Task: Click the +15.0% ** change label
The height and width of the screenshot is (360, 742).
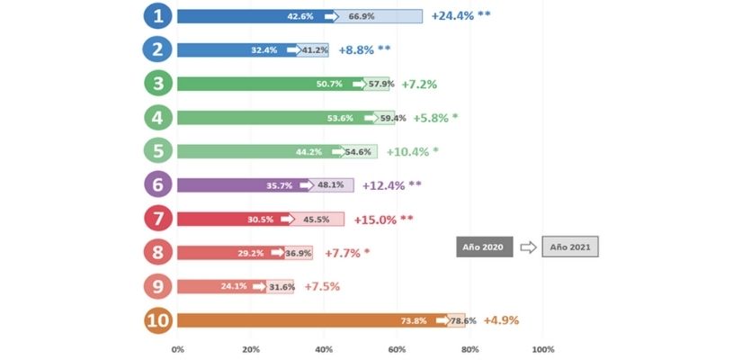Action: click(x=384, y=219)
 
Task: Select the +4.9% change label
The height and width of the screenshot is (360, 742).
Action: click(x=501, y=320)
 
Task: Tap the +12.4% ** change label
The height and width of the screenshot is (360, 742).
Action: click(x=390, y=185)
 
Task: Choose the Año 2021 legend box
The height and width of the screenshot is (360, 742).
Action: click(x=570, y=247)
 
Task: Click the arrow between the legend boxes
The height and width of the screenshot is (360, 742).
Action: click(x=528, y=247)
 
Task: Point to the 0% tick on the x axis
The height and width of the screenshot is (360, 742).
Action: click(x=177, y=349)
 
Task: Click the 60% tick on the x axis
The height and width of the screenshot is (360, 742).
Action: click(x=397, y=349)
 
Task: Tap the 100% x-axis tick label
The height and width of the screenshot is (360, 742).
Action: click(x=542, y=349)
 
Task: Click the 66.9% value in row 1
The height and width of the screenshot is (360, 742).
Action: click(x=362, y=16)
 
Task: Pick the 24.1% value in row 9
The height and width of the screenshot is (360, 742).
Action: click(x=236, y=287)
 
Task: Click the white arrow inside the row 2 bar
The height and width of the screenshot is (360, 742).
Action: click(x=293, y=50)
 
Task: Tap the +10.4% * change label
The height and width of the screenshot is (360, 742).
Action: click(x=413, y=151)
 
